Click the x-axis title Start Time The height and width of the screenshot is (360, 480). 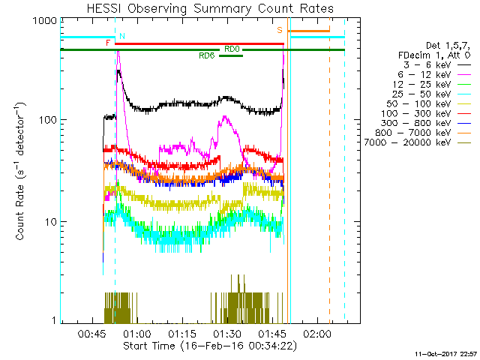[x=211, y=346]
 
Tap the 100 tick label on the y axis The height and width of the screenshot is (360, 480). [x=48, y=120]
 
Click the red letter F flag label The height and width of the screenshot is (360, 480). [x=109, y=43]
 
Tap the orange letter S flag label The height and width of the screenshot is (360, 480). [x=279, y=30]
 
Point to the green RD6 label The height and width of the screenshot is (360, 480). [x=207, y=56]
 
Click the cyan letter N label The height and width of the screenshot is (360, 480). [x=122, y=36]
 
